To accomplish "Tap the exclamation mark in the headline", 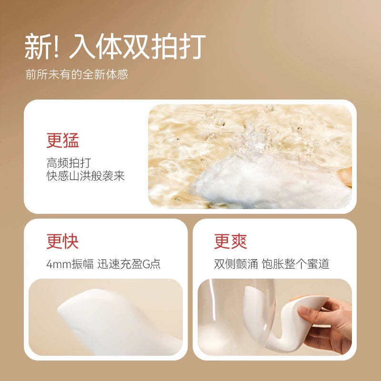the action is tap(56, 46).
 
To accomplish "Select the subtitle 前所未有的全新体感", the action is tap(77, 74).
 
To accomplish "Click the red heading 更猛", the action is tap(63, 140).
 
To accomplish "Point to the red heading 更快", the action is tap(62, 241).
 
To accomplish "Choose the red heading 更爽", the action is tap(231, 241).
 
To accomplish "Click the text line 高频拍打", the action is tap(69, 163).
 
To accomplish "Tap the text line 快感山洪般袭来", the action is tap(86, 176).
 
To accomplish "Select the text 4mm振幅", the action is tap(70, 264).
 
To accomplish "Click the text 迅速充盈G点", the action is tap(129, 264).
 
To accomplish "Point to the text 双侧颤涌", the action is tap(236, 264).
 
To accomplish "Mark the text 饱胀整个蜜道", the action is tap(295, 264).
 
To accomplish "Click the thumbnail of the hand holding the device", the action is tap(275, 317).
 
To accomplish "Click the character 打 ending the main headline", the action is tap(192, 46).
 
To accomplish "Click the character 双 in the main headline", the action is tap(137, 46).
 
